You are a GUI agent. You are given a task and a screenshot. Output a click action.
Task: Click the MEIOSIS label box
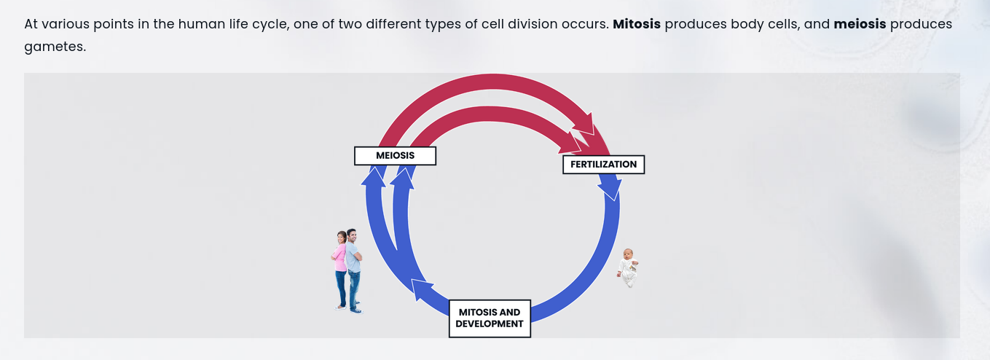coord(395,156)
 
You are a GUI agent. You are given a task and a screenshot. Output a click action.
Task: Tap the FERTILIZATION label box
coord(603,165)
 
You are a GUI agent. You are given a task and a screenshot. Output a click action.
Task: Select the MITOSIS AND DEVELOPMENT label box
coord(490,318)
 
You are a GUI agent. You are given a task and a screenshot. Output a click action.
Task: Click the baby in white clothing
coord(628,268)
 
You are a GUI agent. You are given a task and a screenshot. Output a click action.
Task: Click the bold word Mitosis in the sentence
coord(637,24)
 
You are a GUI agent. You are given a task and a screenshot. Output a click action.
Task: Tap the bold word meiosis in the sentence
coord(860,24)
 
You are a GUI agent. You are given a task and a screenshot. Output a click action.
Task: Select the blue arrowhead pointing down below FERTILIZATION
coord(610,191)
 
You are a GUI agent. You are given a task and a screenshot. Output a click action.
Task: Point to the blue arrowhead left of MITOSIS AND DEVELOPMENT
coord(422,289)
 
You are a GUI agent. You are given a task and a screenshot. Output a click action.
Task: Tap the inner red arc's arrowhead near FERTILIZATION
coord(573,141)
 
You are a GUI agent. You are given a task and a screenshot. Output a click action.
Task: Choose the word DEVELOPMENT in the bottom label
coord(490,324)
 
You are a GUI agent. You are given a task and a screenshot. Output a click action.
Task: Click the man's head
coord(352,235)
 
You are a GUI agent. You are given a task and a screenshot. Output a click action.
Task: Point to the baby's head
coord(626,254)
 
